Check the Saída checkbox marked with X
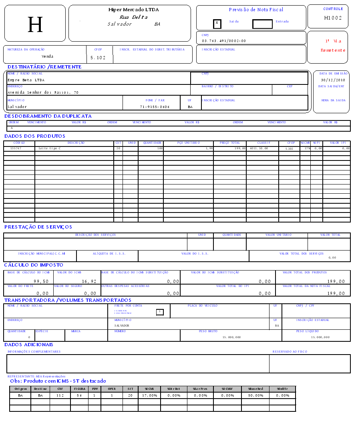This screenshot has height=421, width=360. pyautogui.click(x=217, y=23)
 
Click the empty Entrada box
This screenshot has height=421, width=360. pyautogui.click(x=262, y=24)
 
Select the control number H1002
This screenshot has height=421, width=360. pyautogui.click(x=333, y=18)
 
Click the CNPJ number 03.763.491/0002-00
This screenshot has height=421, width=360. pyautogui.click(x=224, y=41)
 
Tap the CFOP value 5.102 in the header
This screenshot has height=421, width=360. pyautogui.click(x=98, y=58)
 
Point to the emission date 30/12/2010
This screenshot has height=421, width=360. pyautogui.click(x=333, y=80)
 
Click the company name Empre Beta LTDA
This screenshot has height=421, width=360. pyautogui.click(x=26, y=80)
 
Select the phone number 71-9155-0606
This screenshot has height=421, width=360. pyautogui.click(x=155, y=107)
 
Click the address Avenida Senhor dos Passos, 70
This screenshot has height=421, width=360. pyautogui.click(x=43, y=92)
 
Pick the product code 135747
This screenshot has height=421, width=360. pyautogui.click(x=16, y=148)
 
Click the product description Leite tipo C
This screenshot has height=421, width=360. pyautogui.click(x=50, y=148)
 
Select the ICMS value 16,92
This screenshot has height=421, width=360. pyautogui.click(x=89, y=281)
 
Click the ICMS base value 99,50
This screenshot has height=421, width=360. pyautogui.click(x=41, y=281)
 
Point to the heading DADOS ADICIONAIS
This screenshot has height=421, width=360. pyautogui.click(x=29, y=345)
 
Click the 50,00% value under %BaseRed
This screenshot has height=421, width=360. pyautogui.click(x=255, y=395)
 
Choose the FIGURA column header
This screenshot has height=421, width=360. pyautogui.click(x=80, y=389)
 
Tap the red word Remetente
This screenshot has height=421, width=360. pyautogui.click(x=333, y=50)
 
